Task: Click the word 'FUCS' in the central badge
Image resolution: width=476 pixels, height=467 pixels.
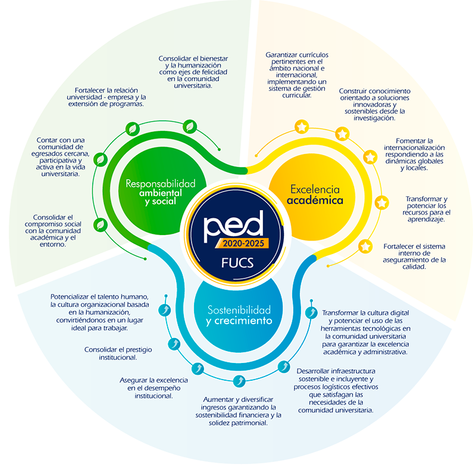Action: [x=237, y=262]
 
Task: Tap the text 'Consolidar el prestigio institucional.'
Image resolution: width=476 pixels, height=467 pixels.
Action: [x=120, y=353]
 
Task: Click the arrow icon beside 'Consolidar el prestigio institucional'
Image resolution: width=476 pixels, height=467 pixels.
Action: [x=174, y=344]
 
